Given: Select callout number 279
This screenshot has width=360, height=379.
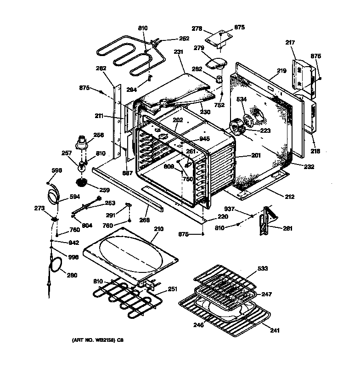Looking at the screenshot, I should click(199, 48).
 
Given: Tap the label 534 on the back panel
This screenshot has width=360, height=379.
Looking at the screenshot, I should click(242, 99).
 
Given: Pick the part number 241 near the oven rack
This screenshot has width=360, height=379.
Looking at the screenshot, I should click(275, 330).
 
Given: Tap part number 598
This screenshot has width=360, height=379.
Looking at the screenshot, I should click(56, 171).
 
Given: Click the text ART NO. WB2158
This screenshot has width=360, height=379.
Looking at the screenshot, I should click(94, 340).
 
